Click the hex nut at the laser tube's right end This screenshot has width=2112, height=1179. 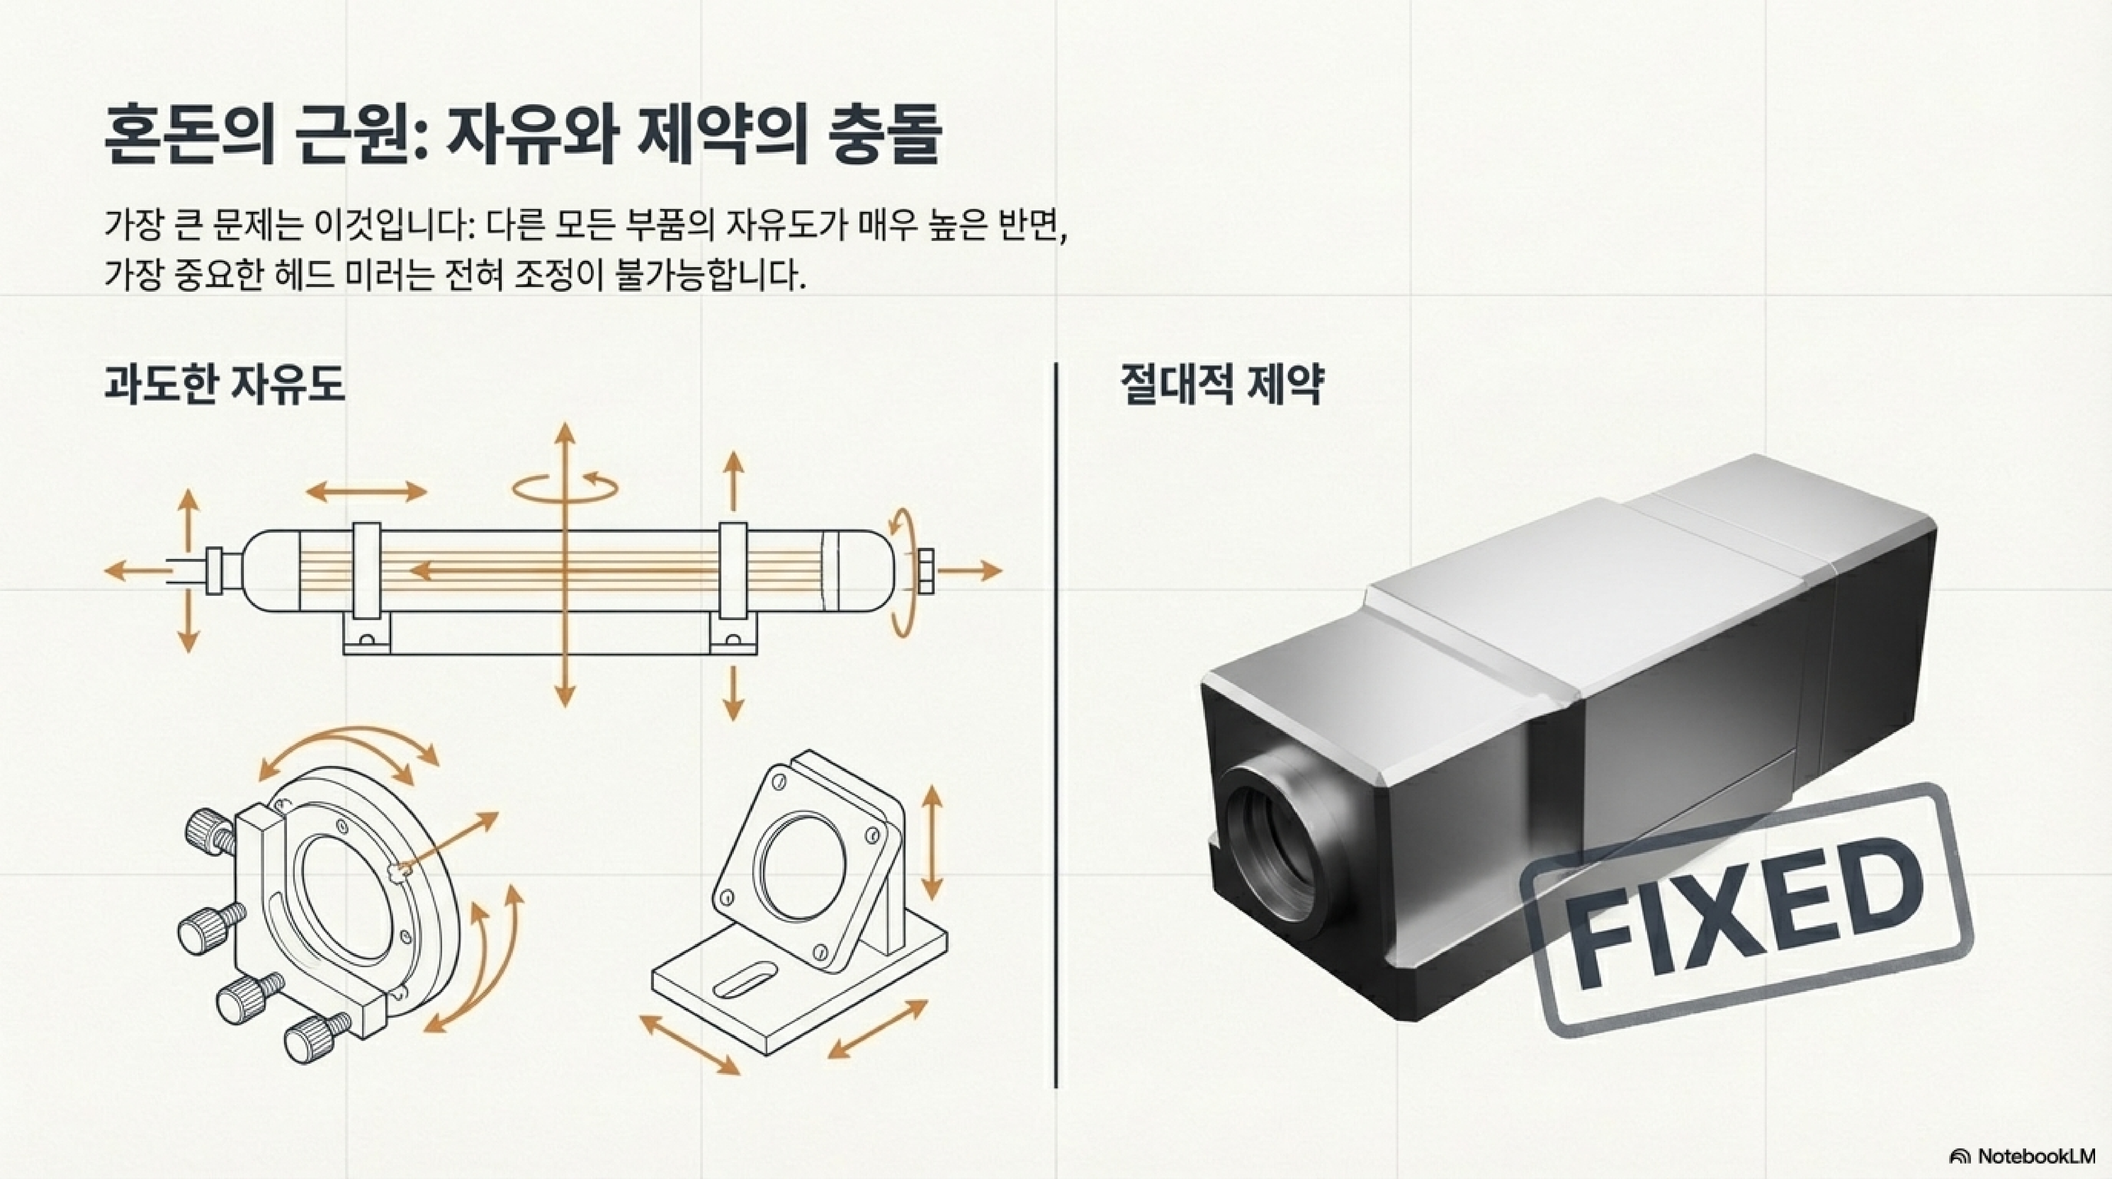(924, 571)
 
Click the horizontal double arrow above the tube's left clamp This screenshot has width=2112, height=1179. (367, 492)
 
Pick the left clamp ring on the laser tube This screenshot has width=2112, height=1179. (367, 582)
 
